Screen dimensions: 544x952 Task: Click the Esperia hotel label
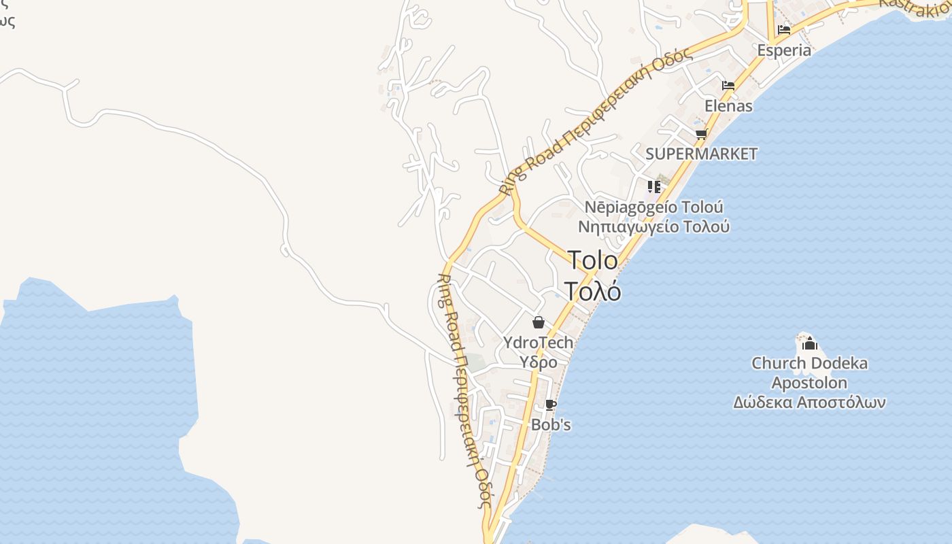click(784, 50)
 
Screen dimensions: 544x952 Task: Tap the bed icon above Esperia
click(784, 30)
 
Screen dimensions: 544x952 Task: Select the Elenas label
click(728, 106)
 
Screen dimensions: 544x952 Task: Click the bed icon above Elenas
click(728, 86)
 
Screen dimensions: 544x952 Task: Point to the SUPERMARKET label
click(701, 154)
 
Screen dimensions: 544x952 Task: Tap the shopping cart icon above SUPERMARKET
click(701, 134)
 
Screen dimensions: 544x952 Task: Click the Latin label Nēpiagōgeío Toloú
click(654, 207)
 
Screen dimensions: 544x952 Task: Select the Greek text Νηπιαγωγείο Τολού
click(654, 226)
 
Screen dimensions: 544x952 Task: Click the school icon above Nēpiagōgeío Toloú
click(654, 186)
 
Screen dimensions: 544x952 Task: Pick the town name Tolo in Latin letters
click(592, 260)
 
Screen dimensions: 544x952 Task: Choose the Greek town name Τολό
click(592, 290)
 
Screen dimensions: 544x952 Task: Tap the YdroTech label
click(538, 343)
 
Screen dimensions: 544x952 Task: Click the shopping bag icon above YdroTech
click(538, 322)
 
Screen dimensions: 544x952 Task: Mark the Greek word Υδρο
click(539, 362)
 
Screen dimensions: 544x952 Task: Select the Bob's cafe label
click(551, 425)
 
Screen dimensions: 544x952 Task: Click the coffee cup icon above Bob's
click(551, 405)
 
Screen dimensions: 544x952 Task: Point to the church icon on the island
click(809, 343)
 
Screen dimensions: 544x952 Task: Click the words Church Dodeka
click(809, 363)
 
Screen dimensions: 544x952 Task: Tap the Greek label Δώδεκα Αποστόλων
click(809, 403)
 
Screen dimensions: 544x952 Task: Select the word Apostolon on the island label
click(809, 383)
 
